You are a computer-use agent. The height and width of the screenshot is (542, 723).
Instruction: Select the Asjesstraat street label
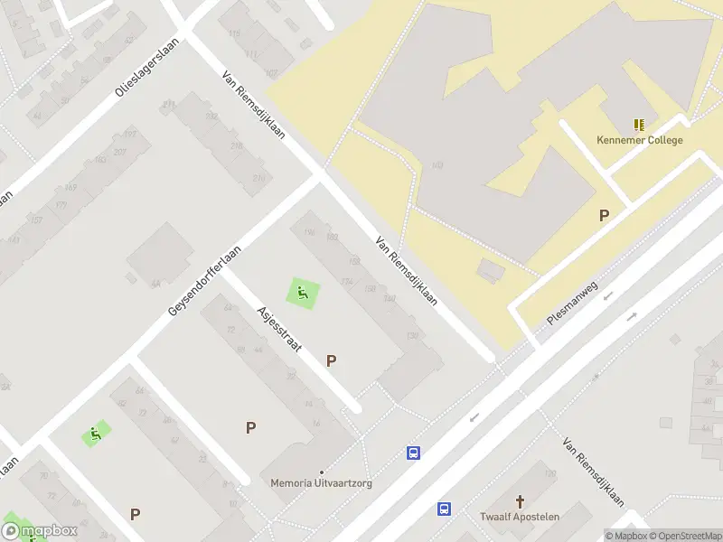pyautogui.click(x=278, y=331)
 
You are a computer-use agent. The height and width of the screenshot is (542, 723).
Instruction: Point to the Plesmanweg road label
pyautogui.click(x=572, y=304)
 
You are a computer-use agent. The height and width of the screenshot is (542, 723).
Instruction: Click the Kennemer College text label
pyautogui.click(x=640, y=140)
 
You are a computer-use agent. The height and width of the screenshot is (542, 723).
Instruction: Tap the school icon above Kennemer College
pyautogui.click(x=640, y=125)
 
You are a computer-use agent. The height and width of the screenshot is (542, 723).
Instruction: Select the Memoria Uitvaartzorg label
pyautogui.click(x=321, y=483)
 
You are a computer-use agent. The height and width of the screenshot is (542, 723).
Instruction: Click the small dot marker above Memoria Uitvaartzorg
pyautogui.click(x=321, y=472)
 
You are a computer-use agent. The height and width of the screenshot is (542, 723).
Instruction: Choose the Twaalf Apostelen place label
pyautogui.click(x=520, y=517)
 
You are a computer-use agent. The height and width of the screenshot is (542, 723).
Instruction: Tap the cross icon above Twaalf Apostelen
pyautogui.click(x=520, y=500)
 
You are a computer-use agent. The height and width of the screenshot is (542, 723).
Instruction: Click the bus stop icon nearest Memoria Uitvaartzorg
pyautogui.click(x=414, y=453)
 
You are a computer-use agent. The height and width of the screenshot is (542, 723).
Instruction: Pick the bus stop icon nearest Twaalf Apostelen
pyautogui.click(x=445, y=509)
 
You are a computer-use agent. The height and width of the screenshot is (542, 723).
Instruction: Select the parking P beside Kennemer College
pyautogui.click(x=604, y=215)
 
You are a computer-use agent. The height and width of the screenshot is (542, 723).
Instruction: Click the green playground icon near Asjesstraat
pyautogui.click(x=303, y=292)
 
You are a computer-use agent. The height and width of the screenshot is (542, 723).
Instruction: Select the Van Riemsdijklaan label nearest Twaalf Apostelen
pyautogui.click(x=593, y=473)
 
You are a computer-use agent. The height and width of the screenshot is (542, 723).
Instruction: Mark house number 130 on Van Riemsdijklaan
pyautogui.click(x=413, y=336)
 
